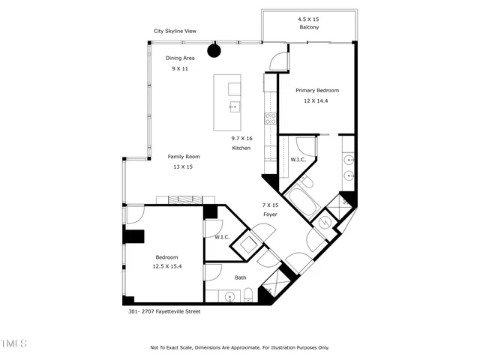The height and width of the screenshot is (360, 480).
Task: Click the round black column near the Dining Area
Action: tap(214, 51)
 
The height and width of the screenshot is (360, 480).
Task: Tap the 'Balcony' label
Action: tap(308, 27)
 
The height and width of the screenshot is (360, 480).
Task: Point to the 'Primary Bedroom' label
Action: tap(316, 90)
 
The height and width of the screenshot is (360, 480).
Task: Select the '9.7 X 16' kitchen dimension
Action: tap(241, 138)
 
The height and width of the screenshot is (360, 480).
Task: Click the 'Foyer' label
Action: tap(270, 214)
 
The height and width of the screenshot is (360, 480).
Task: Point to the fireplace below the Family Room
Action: tap(185, 199)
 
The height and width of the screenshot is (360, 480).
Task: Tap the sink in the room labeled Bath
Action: tap(229, 298)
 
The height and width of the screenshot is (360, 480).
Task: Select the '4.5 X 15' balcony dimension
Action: tap(308, 18)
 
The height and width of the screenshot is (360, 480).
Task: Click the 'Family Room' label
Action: tap(183, 157)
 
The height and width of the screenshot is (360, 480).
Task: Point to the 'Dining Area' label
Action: tap(180, 58)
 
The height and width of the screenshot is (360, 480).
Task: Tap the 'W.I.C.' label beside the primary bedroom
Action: tap(297, 160)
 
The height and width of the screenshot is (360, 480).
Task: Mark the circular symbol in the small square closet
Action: tap(325, 222)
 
